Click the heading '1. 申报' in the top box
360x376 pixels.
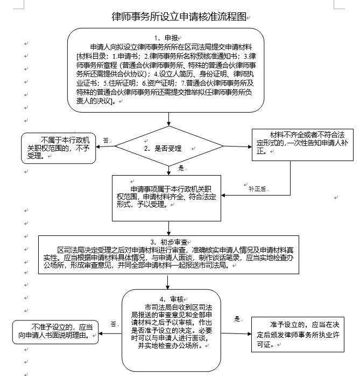166,38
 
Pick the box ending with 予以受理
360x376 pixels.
167,197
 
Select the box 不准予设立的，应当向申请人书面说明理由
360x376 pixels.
56,332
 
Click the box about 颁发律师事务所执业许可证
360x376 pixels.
297,334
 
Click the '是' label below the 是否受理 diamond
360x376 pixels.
181,168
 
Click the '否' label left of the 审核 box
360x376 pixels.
113,324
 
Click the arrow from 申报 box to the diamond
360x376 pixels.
169,119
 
